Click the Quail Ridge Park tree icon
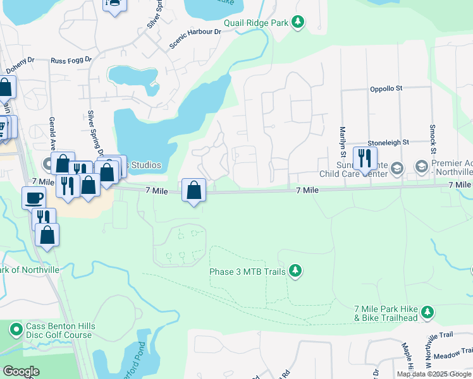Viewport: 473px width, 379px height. pos(298,23)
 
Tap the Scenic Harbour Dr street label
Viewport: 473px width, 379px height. pos(195,39)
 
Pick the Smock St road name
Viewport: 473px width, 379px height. pos(433,138)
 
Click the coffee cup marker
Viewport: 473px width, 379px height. pos(34,198)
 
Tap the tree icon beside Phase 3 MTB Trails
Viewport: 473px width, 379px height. pos(295,271)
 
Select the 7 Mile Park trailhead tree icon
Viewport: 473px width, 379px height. pos(428,312)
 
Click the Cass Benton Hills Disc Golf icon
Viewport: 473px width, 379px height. pos(15,329)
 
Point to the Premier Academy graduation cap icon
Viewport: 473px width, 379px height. pos(421,167)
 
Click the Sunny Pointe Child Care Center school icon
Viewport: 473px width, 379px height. pos(396,167)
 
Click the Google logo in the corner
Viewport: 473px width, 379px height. pos(21,371)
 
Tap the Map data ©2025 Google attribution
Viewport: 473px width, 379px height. pos(434,374)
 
